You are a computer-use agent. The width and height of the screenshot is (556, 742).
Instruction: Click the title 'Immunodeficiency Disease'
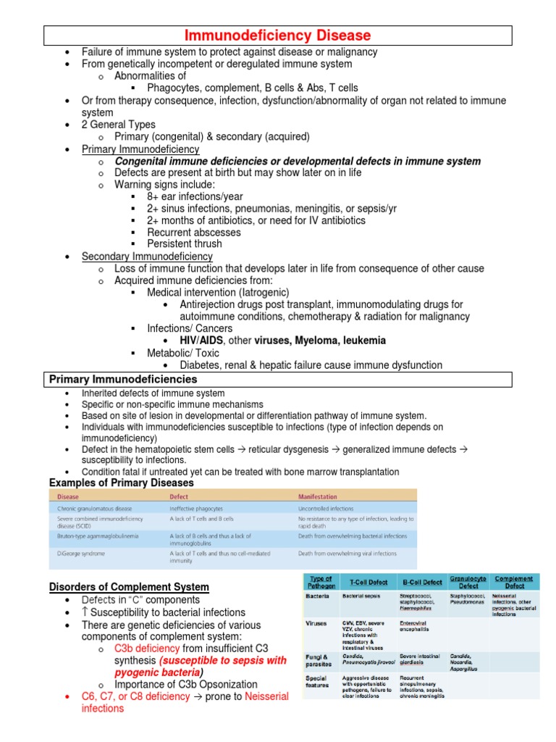pos(278,35)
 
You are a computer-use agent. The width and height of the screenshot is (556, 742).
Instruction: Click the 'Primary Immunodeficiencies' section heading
pos(123,379)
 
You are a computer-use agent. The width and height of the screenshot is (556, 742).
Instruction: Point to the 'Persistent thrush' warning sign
pos(185,244)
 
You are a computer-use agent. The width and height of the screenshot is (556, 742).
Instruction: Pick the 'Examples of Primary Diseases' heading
pos(121,483)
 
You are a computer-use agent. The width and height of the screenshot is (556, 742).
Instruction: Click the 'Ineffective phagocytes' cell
pos(196,509)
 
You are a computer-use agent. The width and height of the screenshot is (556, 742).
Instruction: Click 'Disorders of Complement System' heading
pos(129,587)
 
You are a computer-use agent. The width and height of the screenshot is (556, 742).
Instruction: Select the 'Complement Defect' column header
pos(514,582)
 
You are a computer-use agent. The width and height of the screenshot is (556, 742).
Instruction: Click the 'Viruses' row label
pos(316,622)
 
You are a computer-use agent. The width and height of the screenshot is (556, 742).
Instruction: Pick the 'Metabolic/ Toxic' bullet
pos(185,353)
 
